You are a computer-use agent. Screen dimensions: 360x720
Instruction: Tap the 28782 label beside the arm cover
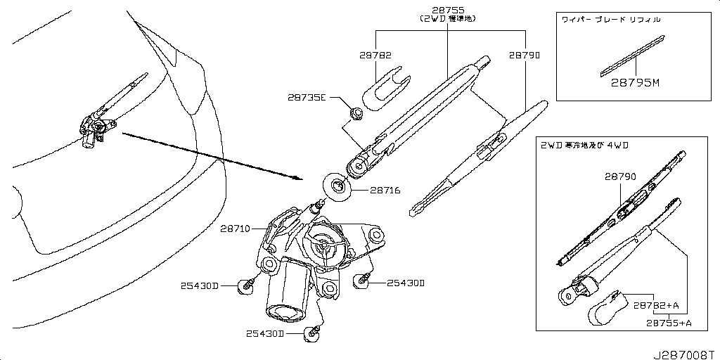click(x=375, y=55)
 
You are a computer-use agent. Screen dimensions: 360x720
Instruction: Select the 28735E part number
click(x=307, y=98)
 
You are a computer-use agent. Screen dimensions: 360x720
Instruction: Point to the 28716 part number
click(x=385, y=190)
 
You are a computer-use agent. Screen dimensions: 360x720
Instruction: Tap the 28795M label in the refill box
click(x=636, y=83)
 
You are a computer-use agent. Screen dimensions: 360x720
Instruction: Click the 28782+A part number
click(x=655, y=306)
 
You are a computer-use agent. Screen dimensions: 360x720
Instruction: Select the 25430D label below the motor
click(x=264, y=333)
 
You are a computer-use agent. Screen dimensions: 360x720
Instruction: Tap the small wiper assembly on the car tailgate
click(x=96, y=126)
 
